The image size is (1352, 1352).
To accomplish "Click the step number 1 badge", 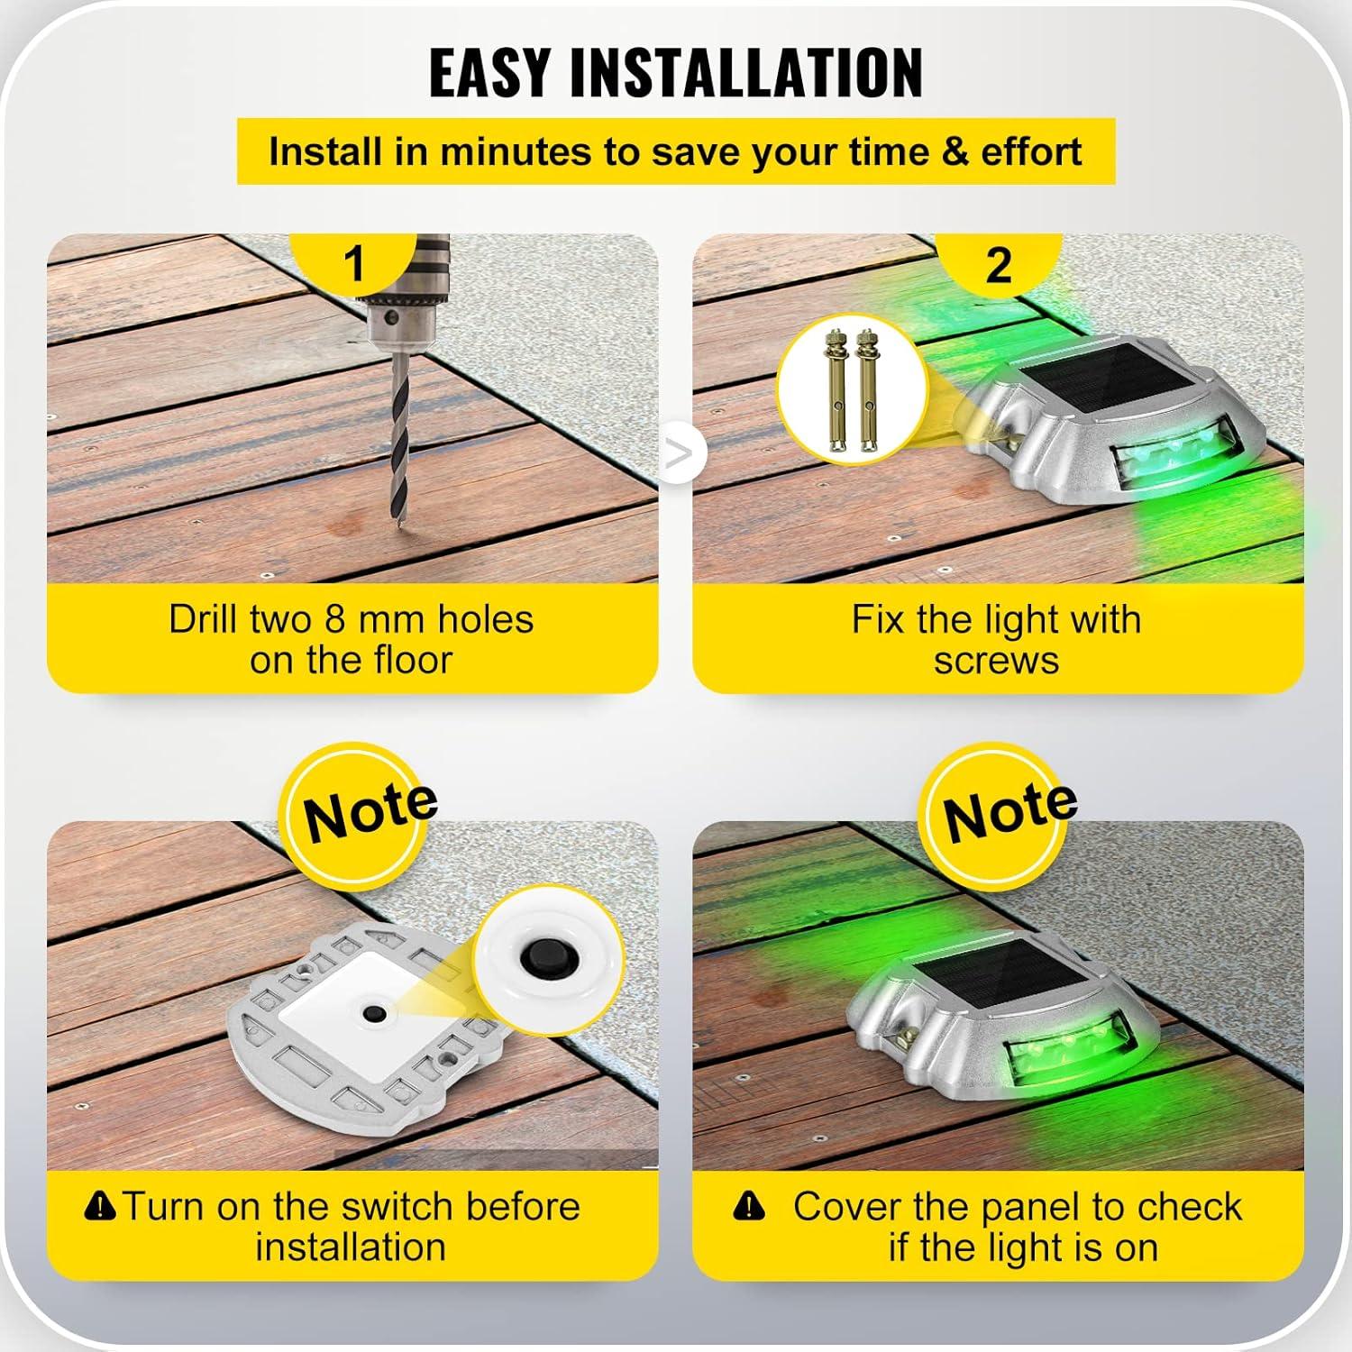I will [354, 264].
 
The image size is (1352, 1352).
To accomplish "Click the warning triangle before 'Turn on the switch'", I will [99, 1205].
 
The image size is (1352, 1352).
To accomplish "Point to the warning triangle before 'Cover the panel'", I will [748, 1205].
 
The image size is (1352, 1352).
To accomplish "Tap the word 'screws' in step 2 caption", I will [996, 661].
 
